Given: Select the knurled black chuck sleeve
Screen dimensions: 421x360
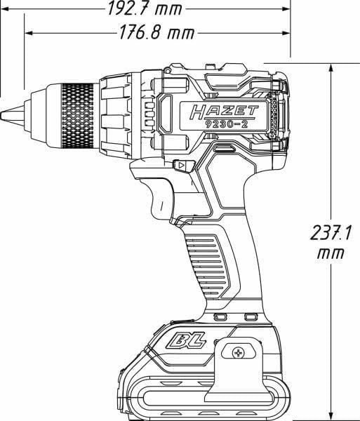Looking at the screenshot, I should [x=77, y=113].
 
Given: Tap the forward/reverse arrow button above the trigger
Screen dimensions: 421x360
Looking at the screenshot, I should [x=182, y=166].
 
